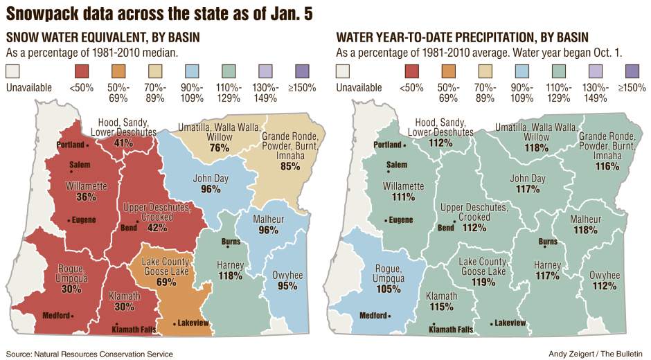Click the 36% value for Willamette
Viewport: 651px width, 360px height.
pos(86,197)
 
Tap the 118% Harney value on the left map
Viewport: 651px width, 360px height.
pos(230,276)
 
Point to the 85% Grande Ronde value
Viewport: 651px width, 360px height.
pos(289,166)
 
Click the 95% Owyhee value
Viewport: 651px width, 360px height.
pos(288,286)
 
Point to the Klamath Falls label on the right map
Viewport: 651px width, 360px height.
pos(451,330)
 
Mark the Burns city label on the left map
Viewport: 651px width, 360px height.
pos(230,242)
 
